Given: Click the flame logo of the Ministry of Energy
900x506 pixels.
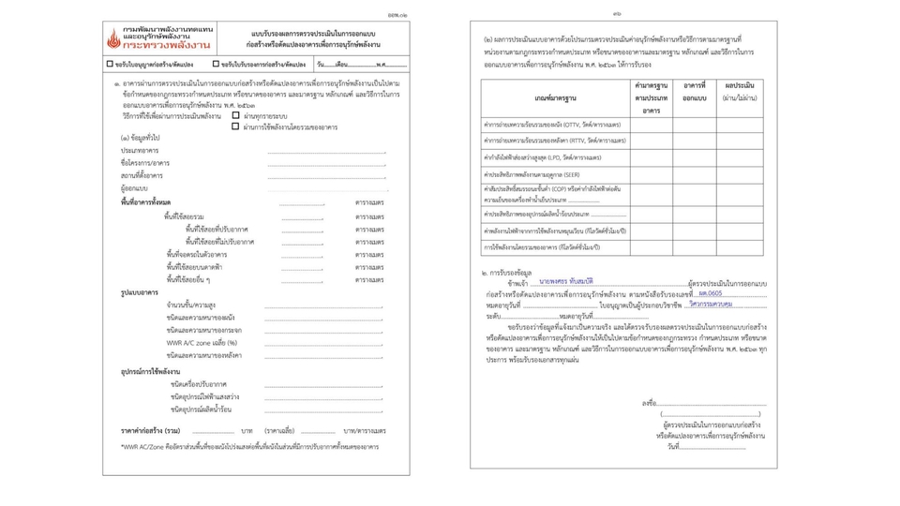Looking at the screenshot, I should click(x=114, y=40).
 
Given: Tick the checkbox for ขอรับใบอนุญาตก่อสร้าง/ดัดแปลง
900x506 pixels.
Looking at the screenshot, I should click(x=110, y=65).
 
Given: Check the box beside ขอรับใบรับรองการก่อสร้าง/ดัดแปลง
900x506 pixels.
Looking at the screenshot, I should click(x=216, y=65).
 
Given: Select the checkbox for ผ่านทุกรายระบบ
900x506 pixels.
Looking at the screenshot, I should click(x=235, y=116).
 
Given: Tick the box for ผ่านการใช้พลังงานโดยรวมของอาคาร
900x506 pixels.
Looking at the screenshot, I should click(x=235, y=126).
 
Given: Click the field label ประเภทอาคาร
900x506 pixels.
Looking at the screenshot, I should click(x=140, y=151).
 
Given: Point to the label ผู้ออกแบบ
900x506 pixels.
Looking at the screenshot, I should click(x=134, y=188).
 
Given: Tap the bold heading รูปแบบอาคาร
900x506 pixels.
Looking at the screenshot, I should click(x=139, y=293).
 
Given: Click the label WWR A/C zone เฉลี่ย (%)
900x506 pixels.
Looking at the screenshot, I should click(x=202, y=343).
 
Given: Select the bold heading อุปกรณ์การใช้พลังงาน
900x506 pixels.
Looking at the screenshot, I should click(x=150, y=372).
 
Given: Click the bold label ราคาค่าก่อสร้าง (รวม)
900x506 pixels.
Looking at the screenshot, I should click(x=150, y=431).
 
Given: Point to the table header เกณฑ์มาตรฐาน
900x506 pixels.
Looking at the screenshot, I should click(x=556, y=97).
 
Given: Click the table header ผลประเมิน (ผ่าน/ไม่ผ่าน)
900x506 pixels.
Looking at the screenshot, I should click(x=739, y=91).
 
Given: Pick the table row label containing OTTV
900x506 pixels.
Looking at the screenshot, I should click(x=551, y=125).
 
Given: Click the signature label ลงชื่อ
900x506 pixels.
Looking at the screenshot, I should click(x=650, y=404).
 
